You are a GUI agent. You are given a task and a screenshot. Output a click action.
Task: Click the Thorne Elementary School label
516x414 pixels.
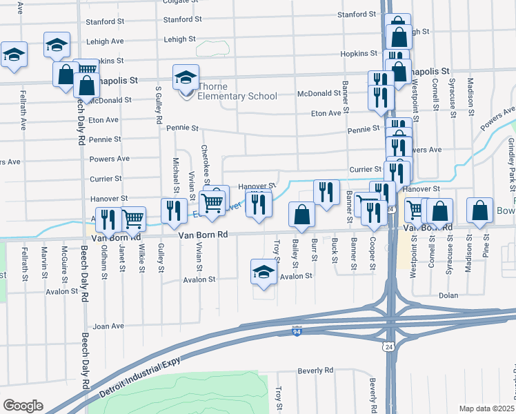(x=237, y=97)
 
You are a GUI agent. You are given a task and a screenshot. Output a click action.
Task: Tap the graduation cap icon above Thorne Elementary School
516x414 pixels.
(x=186, y=77)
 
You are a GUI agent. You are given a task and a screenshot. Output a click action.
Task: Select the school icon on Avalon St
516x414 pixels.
(x=263, y=273)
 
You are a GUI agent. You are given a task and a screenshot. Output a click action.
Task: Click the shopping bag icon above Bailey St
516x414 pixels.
(x=301, y=214)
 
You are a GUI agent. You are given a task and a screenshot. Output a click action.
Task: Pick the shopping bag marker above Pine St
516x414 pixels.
(x=480, y=211)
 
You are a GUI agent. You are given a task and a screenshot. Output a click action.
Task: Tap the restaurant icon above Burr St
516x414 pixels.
(x=326, y=193)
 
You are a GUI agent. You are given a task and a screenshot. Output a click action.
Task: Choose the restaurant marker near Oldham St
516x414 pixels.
(x=108, y=220)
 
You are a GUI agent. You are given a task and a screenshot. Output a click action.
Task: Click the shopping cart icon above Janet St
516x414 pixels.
(x=133, y=219)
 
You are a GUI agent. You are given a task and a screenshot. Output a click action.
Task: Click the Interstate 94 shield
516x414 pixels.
(x=297, y=331)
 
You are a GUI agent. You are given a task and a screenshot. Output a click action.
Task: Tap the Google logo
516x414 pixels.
(x=23, y=406)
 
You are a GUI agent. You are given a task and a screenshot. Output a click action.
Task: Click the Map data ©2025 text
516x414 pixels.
(x=486, y=408)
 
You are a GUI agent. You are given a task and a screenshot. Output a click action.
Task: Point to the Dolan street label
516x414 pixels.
(x=448, y=295)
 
